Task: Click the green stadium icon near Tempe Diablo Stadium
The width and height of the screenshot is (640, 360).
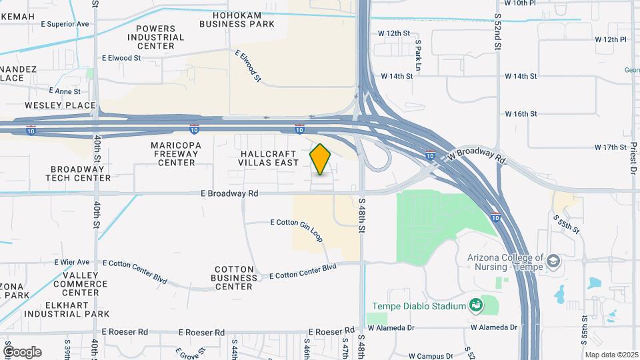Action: pyautogui.click(x=476, y=305)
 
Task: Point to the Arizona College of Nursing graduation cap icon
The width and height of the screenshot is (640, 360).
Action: pyautogui.click(x=553, y=261)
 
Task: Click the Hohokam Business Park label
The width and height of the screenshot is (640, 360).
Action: pyautogui.click(x=237, y=19)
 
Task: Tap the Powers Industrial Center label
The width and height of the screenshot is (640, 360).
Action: pyautogui.click(x=159, y=37)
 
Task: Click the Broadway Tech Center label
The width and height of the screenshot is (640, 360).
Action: pyautogui.click(x=78, y=173)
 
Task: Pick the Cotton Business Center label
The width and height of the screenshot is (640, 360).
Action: pyautogui.click(x=235, y=278)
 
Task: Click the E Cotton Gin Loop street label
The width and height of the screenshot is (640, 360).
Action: pyautogui.click(x=296, y=222)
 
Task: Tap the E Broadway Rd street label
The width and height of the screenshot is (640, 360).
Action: pyautogui.click(x=229, y=193)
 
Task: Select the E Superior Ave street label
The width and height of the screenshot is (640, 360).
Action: pyautogui.click(x=65, y=24)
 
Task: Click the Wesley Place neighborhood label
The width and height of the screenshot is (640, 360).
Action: pyautogui.click(x=61, y=105)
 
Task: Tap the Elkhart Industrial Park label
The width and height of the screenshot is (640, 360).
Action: pyautogui.click(x=67, y=313)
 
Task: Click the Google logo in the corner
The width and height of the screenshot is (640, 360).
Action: pyautogui.click(x=22, y=352)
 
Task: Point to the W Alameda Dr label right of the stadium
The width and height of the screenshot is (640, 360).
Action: pyautogui.click(x=494, y=327)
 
